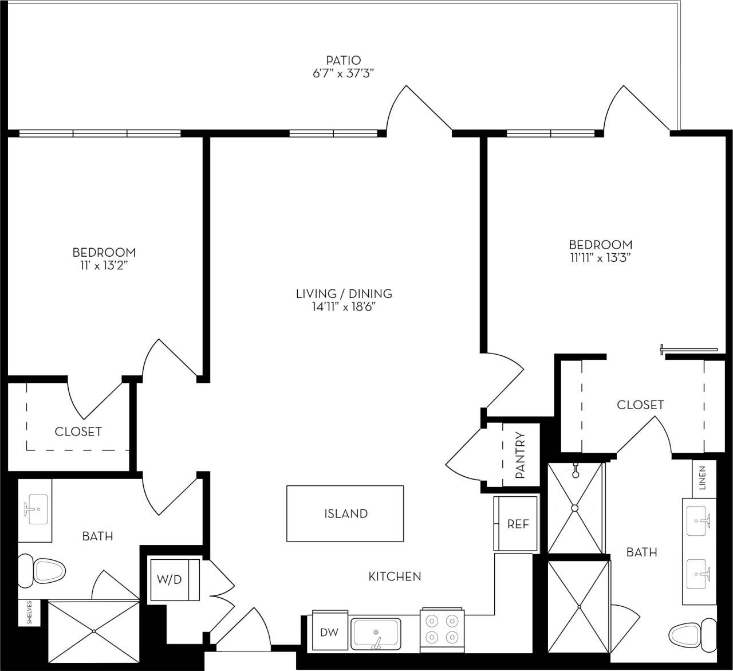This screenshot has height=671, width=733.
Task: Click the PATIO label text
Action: (344, 60)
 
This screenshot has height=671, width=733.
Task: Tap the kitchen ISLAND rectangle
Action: (345, 513)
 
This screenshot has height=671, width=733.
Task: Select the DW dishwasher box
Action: (329, 633)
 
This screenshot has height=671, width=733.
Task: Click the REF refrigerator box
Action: (517, 524)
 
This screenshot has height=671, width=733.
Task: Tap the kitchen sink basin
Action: (376, 633)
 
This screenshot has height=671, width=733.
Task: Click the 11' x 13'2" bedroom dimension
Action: (104, 266)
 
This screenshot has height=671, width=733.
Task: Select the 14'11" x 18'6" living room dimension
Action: (344, 307)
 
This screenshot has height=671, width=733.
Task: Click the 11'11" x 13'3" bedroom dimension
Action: (600, 258)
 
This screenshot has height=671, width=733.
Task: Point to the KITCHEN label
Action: (395, 576)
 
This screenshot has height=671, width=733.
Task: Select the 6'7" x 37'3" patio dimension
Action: (344, 73)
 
